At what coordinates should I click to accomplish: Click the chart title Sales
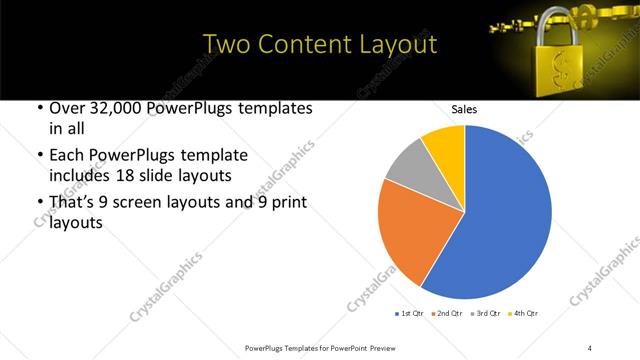click(464, 109)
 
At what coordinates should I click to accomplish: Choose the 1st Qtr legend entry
click(411, 313)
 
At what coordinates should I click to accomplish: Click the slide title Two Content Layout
click(319, 44)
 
